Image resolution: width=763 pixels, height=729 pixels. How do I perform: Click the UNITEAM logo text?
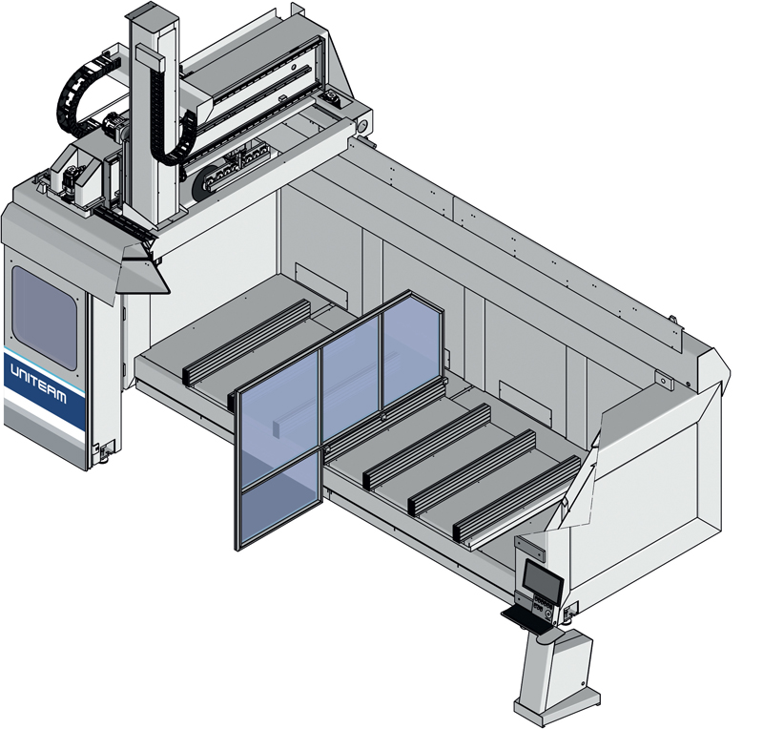38,384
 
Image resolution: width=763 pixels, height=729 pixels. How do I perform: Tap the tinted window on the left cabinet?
44,318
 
